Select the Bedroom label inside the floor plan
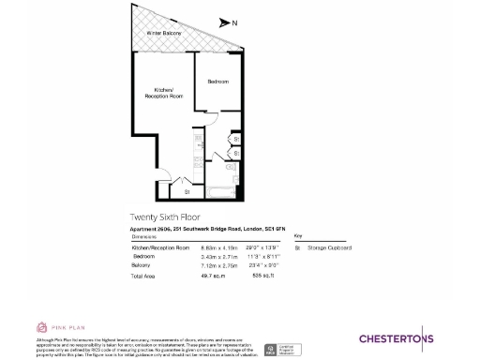pos(217,82)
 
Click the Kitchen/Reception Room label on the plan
pos(161,94)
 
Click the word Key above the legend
pos(298,236)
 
